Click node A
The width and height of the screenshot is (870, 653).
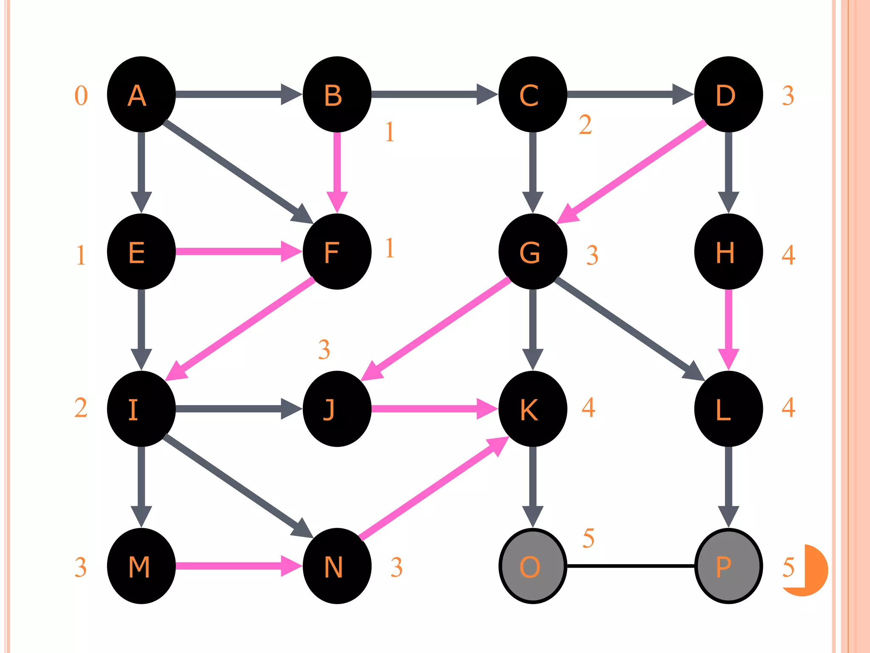click(x=141, y=94)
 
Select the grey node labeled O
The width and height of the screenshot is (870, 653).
click(x=533, y=566)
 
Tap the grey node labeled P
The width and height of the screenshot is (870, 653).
click(x=728, y=566)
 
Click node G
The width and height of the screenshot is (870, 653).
click(x=533, y=252)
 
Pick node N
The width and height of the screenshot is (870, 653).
click(x=337, y=566)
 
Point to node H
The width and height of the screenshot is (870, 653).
click(x=728, y=252)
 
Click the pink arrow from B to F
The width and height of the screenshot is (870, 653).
click(x=337, y=170)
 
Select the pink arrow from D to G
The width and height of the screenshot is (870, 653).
click(x=633, y=170)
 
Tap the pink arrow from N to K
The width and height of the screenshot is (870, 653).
click(x=433, y=489)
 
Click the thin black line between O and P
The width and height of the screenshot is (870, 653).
click(x=630, y=566)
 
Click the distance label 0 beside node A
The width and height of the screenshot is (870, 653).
click(x=81, y=96)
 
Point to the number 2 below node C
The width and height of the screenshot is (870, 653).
click(x=585, y=125)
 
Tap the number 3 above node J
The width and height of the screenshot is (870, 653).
click(x=324, y=349)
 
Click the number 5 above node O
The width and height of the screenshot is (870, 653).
click(x=588, y=538)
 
